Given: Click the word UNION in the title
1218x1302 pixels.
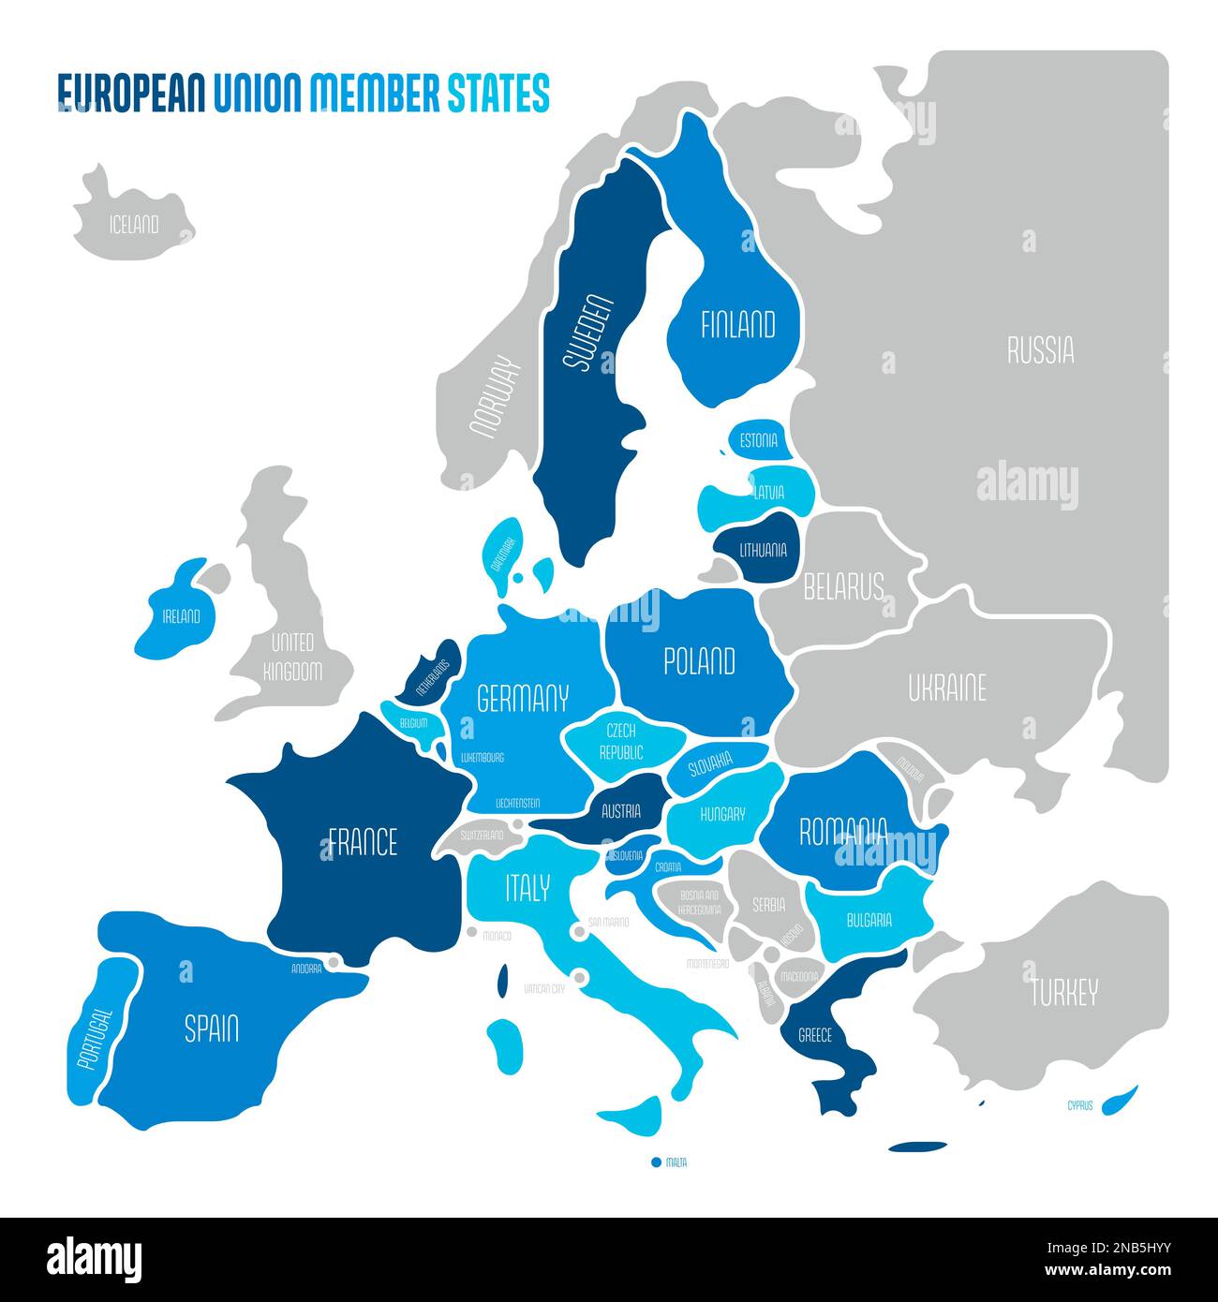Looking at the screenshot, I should click(257, 94).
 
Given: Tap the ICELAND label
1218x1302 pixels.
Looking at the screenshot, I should click(134, 226).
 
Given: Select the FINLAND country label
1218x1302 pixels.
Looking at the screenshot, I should click(738, 325).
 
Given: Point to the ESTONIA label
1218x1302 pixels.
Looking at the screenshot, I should click(758, 441).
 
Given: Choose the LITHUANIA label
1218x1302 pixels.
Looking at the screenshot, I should click(763, 551).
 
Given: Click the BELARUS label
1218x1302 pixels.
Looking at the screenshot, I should click(843, 587).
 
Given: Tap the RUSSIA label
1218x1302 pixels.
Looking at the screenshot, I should click(1040, 350).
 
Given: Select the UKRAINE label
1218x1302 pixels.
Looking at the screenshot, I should click(946, 689).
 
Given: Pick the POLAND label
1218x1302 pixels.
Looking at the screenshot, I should click(699, 662).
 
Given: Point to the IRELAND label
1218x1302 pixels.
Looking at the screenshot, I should click(181, 616).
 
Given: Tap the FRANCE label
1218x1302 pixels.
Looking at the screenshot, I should click(363, 842).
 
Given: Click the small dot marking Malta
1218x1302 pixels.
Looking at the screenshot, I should click(656, 1162).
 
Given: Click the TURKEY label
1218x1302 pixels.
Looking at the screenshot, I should click(1063, 992).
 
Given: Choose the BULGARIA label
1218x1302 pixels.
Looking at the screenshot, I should click(869, 921).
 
